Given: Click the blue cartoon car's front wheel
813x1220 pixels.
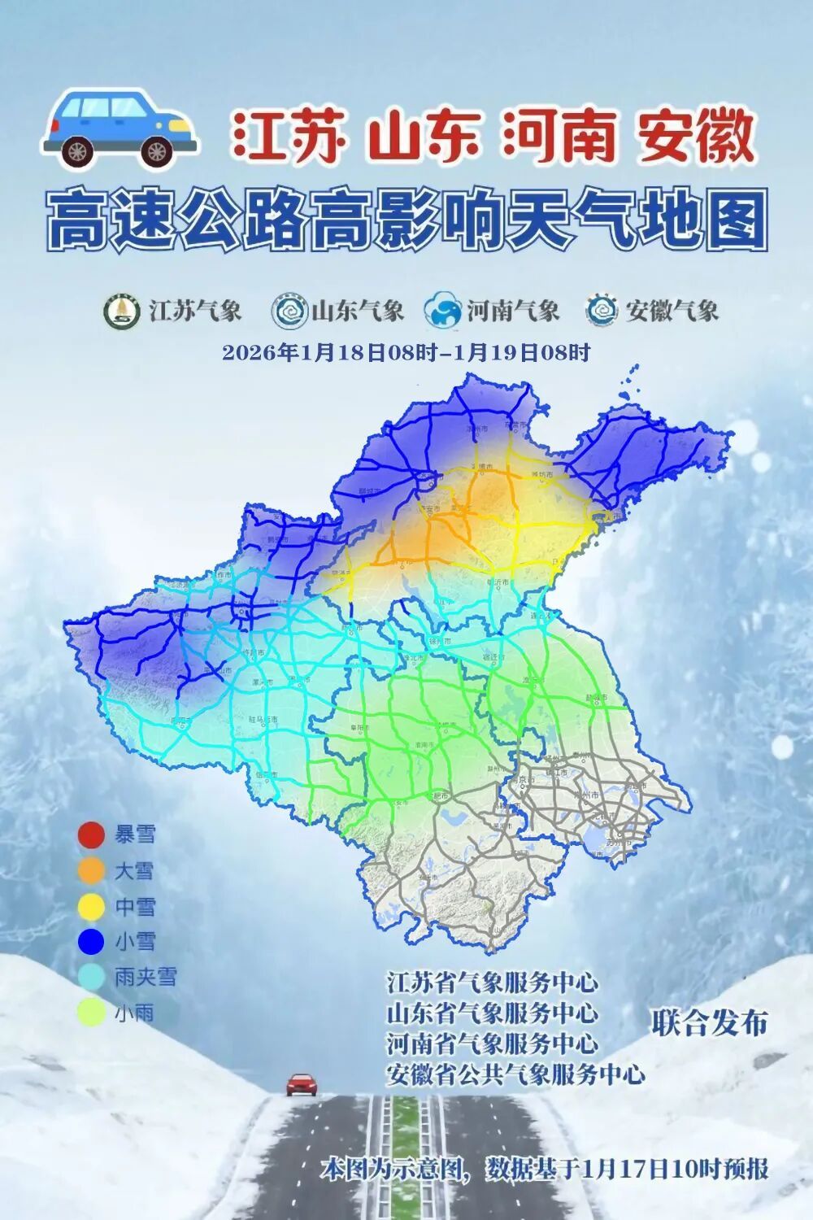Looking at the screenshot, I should tap(157, 150).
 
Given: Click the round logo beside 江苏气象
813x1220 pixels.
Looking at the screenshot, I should tap(123, 311).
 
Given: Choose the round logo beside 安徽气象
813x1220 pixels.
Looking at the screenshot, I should tap(602, 311).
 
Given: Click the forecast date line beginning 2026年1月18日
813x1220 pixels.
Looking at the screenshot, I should tap(406, 353).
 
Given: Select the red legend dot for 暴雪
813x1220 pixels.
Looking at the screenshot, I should tap(91, 834).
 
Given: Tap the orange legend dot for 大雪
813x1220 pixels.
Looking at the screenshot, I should tap(91, 871).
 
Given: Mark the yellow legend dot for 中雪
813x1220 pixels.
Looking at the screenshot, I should tap(91, 906).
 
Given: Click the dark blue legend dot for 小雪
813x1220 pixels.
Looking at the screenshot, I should tap(91, 942).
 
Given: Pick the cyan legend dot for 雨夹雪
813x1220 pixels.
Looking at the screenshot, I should tap(91, 977).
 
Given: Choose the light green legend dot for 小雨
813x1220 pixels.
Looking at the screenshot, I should tap(91, 1013).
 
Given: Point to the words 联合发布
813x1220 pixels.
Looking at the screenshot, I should tap(710, 1022).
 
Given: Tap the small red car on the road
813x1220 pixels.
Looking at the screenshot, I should tap(301, 1084).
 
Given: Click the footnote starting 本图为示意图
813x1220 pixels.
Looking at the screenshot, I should tap(544, 1170).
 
